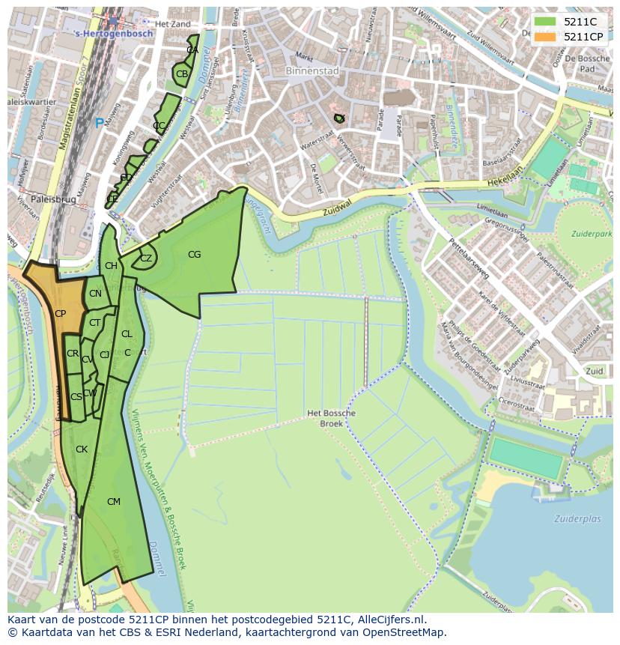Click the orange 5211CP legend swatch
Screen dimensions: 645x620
[x=545, y=37]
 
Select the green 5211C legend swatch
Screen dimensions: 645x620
[x=545, y=22]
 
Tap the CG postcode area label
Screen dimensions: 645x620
[x=194, y=255]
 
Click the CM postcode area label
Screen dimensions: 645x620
[x=113, y=502]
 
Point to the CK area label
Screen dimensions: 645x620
[x=82, y=449]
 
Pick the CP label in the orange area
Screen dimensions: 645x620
[x=60, y=314]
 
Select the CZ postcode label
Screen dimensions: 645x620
[x=146, y=258]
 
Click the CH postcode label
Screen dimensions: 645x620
[x=111, y=266]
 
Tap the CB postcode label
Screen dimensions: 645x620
[x=182, y=74]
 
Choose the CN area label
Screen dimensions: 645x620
[x=95, y=294]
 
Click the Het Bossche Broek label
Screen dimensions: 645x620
[x=331, y=418]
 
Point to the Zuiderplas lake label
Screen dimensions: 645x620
[x=577, y=518]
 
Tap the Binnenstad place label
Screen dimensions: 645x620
[x=312, y=71]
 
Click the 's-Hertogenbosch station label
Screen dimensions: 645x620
[x=115, y=34]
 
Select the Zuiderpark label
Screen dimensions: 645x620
[x=591, y=234]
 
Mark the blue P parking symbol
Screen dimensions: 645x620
[x=99, y=123]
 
